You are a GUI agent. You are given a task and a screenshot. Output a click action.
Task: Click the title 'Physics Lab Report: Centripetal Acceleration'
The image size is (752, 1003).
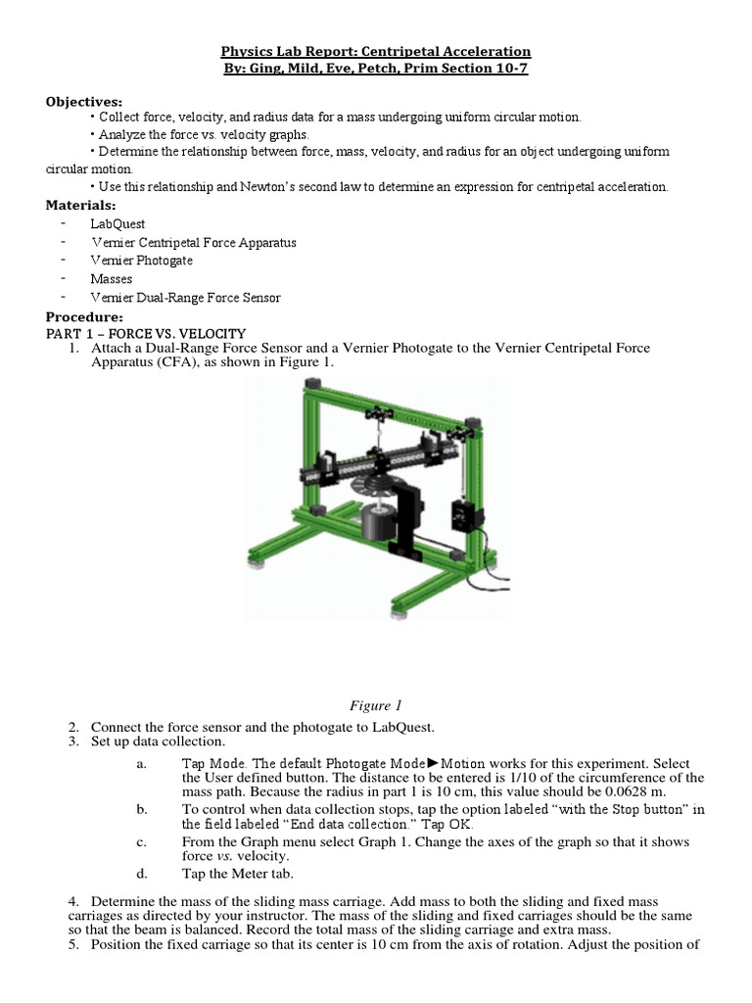pos(375,51)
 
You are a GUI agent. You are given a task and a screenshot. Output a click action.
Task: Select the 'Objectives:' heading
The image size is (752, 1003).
pos(84,101)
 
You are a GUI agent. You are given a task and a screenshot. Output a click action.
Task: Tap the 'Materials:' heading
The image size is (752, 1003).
pos(81,205)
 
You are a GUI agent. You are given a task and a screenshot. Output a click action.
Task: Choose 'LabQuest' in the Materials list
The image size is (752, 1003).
pos(117,223)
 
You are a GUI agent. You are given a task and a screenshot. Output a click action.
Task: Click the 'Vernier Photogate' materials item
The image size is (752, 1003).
pos(142,261)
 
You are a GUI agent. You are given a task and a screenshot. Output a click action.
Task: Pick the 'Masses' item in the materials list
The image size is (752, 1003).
pos(111,279)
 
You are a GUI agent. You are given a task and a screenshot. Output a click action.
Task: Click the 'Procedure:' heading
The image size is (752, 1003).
pos(84,317)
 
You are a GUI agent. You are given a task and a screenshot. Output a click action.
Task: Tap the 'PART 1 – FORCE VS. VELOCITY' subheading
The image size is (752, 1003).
pos(146,334)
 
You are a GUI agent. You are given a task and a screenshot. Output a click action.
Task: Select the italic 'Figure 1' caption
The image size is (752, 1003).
pos(375,705)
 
